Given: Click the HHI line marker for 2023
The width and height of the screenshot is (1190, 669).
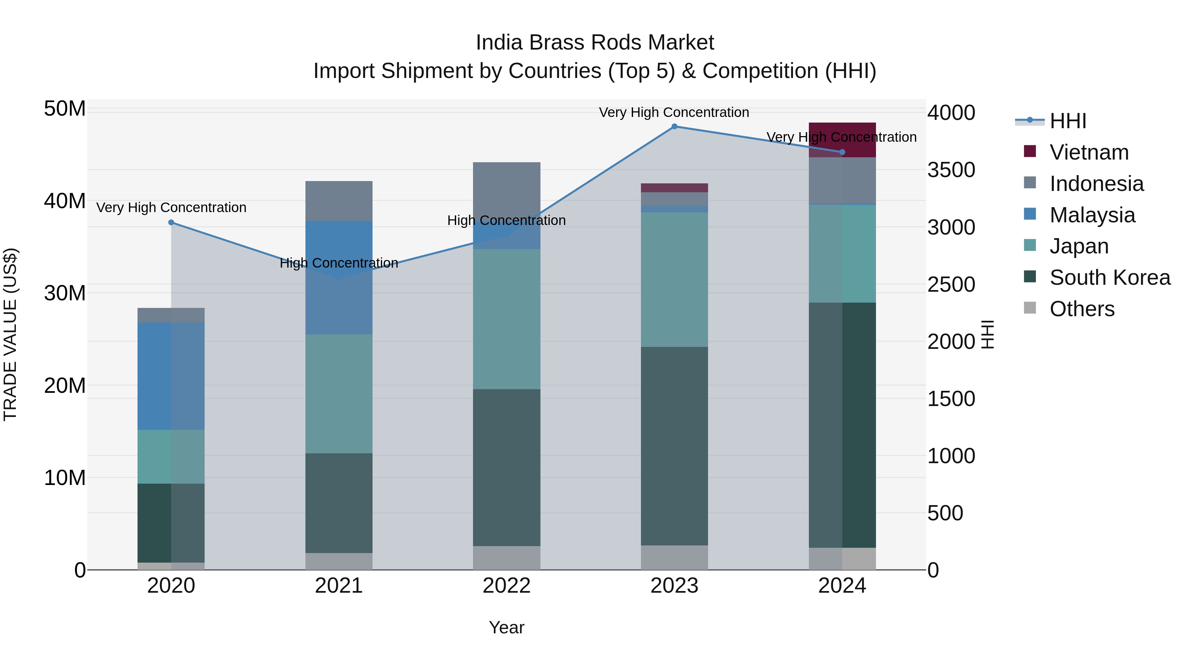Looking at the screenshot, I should pyautogui.click(x=674, y=127).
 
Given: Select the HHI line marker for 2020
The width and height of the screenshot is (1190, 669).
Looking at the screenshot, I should pyautogui.click(x=171, y=223).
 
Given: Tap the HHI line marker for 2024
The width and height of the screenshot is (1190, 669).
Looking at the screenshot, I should pyautogui.click(x=842, y=152).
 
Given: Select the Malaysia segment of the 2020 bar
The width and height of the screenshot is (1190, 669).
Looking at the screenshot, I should pyautogui.click(x=171, y=376).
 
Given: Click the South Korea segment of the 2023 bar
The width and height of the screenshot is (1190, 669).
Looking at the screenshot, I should pyautogui.click(x=674, y=446).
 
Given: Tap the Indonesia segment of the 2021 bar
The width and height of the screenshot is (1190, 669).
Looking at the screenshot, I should pyautogui.click(x=338, y=201).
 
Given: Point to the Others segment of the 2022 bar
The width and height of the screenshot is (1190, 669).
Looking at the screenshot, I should pyautogui.click(x=506, y=558).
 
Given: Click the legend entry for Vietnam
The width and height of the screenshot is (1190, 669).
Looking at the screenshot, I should pyautogui.click(x=1089, y=152).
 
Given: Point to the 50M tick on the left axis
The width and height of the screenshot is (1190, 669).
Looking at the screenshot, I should pyautogui.click(x=65, y=109).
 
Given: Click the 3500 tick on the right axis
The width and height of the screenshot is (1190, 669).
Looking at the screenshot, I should pyautogui.click(x=951, y=170).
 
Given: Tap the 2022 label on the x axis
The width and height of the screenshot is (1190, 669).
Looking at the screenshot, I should pyautogui.click(x=506, y=586).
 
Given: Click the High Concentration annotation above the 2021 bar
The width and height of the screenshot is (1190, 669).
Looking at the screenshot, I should pyautogui.click(x=338, y=263).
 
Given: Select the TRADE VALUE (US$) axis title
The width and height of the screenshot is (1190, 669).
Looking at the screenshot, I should pyautogui.click(x=10, y=334).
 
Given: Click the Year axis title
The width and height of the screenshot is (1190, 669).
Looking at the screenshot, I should pyautogui.click(x=506, y=627).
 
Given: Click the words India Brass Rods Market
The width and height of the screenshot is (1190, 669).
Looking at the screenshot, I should pyautogui.click(x=595, y=43).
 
